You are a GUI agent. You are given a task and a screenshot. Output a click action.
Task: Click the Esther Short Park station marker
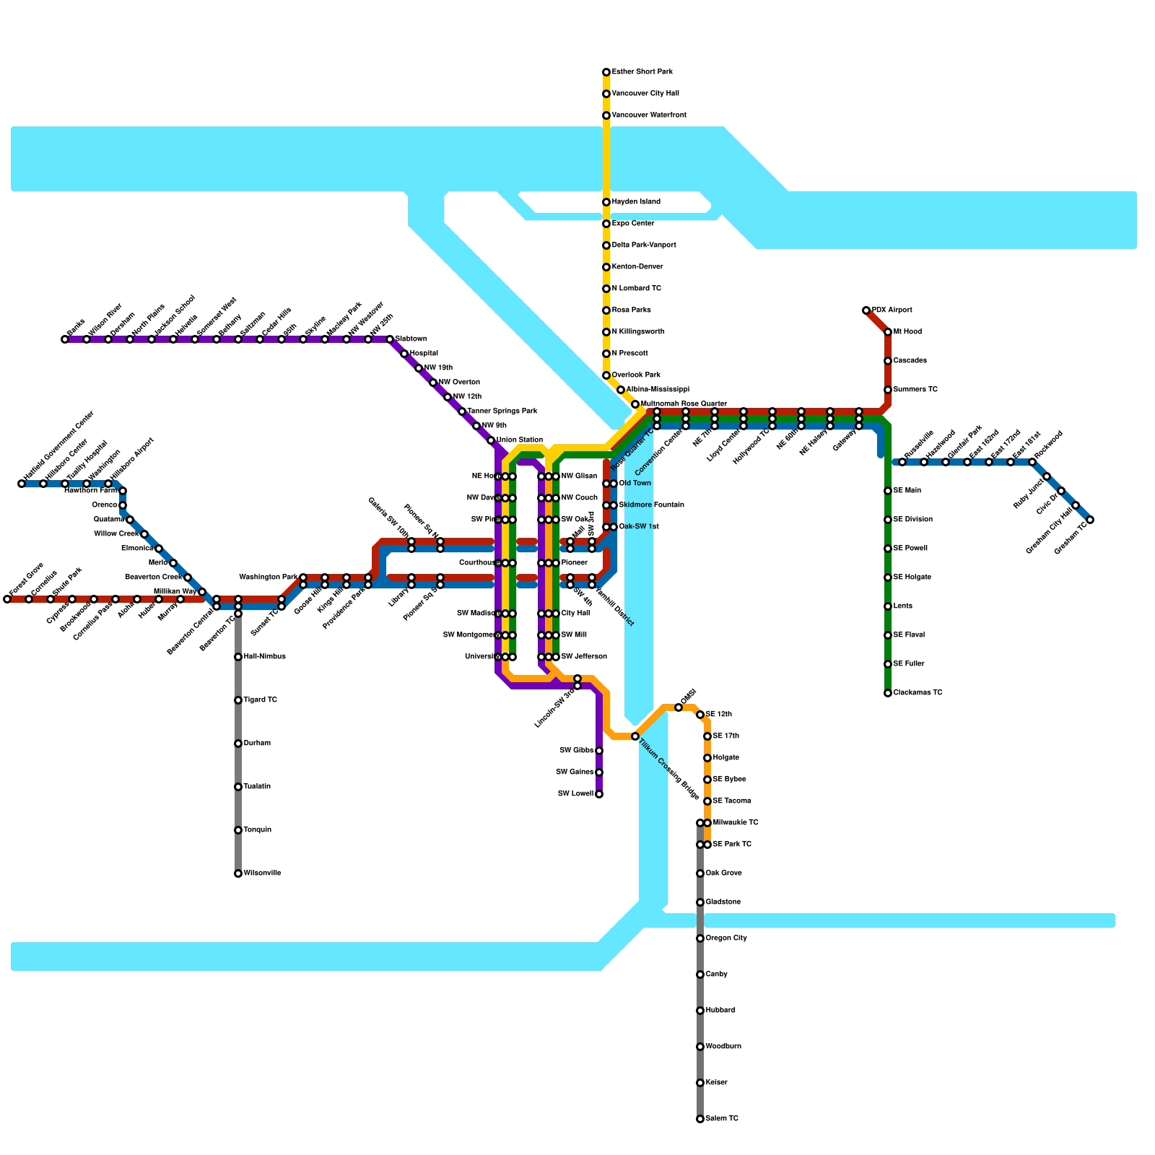(606, 72)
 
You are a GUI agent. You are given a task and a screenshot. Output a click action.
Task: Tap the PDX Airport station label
(892, 310)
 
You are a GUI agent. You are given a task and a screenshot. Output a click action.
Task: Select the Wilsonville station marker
(238, 873)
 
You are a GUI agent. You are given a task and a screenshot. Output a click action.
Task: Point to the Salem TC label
(722, 1119)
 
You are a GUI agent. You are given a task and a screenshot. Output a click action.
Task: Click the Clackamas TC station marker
(888, 693)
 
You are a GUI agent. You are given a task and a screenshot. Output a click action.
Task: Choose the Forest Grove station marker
(7, 599)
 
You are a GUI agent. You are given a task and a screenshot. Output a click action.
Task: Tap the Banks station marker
(65, 339)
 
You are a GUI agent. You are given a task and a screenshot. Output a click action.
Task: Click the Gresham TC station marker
(1090, 520)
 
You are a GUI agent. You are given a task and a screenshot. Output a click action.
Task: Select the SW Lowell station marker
(599, 794)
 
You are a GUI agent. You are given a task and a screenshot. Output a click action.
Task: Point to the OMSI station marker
(679, 707)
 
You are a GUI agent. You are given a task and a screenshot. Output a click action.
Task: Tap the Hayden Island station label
(636, 202)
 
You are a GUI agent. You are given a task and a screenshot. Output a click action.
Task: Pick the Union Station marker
(491, 440)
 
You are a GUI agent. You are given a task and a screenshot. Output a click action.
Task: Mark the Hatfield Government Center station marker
(22, 484)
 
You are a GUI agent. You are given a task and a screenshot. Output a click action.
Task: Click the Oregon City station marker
(700, 938)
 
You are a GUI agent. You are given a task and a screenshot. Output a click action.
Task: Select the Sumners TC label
(915, 390)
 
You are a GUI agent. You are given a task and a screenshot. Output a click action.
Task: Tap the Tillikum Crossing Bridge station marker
(635, 736)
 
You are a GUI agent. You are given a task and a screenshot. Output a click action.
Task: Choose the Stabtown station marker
(390, 339)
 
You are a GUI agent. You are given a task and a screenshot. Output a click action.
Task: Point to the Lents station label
(905, 606)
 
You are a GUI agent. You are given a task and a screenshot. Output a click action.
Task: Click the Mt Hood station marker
(888, 332)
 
